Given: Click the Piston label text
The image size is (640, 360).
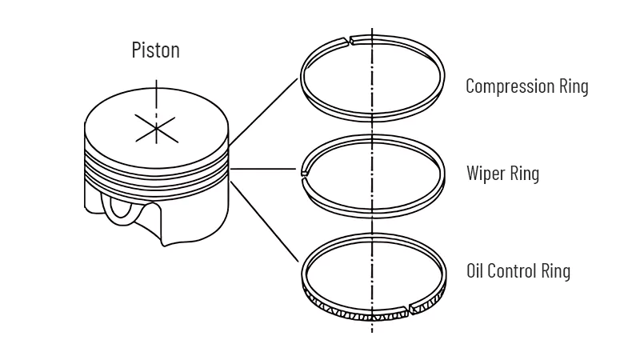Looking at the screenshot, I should click(155, 50).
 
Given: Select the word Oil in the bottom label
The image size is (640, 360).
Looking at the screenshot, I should click(475, 270).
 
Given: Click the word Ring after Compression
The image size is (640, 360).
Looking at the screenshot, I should click(573, 86).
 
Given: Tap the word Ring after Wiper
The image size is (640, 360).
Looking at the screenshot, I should click(525, 173).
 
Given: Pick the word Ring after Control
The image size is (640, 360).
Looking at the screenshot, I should click(556, 270).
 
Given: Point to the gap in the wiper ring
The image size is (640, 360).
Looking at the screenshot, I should click(305, 171).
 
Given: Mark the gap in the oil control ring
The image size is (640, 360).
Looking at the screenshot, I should click(405, 308).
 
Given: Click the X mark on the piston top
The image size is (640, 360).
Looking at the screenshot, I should click(155, 127).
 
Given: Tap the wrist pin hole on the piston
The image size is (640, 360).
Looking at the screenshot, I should click(122, 207).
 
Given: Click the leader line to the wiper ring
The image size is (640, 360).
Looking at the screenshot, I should click(265, 170).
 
